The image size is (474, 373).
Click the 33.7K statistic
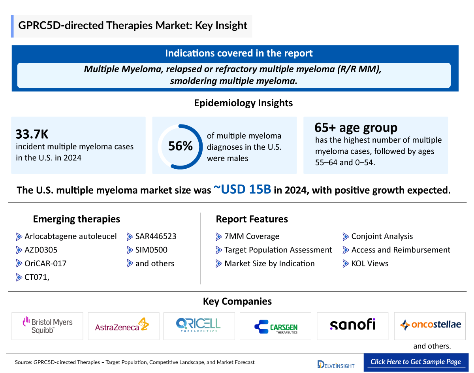[32, 134]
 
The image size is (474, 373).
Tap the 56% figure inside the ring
[180, 147]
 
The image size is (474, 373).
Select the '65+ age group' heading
[355, 128]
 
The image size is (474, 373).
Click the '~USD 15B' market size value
[242, 190]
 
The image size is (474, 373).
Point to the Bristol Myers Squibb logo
[47, 326]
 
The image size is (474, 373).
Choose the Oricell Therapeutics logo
[199, 325]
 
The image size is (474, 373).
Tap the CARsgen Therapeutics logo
[276, 326]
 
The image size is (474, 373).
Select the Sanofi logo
[352, 325]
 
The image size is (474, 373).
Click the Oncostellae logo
[430, 325]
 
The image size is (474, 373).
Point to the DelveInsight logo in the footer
[336, 364]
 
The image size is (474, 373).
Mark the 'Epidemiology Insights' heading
[243, 103]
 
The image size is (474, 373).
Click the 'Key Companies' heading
[237, 301]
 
